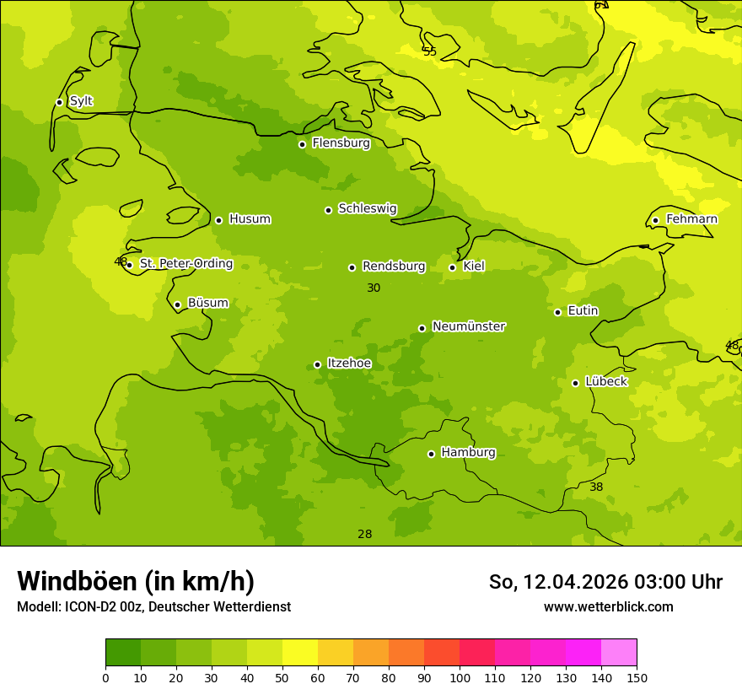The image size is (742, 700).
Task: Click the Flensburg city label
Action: [x=341, y=143]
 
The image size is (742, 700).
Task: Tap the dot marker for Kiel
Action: [x=452, y=267]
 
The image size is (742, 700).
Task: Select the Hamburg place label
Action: [x=468, y=453]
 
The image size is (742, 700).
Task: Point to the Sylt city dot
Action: [x=59, y=102]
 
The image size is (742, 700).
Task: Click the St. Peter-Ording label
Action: [x=185, y=264]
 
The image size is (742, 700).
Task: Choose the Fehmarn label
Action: [x=691, y=219]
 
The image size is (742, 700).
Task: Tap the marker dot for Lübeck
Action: [x=575, y=383]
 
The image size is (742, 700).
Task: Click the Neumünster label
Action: [x=468, y=326]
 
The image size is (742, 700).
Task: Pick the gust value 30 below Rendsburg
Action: [x=374, y=288]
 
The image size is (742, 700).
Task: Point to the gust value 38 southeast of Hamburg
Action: [x=596, y=487]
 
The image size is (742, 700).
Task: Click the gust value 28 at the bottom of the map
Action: [x=364, y=535]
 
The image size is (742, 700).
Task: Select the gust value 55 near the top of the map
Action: [x=430, y=52]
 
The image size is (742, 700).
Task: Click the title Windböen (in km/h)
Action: [x=136, y=581]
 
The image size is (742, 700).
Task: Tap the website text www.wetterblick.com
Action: [x=608, y=607]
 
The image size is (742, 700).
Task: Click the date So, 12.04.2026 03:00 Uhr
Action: [x=605, y=582]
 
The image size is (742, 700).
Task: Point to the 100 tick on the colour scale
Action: [x=460, y=677]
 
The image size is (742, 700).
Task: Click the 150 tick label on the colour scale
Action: [x=637, y=677]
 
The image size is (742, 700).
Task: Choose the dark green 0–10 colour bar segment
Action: [x=123, y=653]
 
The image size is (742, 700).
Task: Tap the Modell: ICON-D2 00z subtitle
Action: [x=153, y=607]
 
